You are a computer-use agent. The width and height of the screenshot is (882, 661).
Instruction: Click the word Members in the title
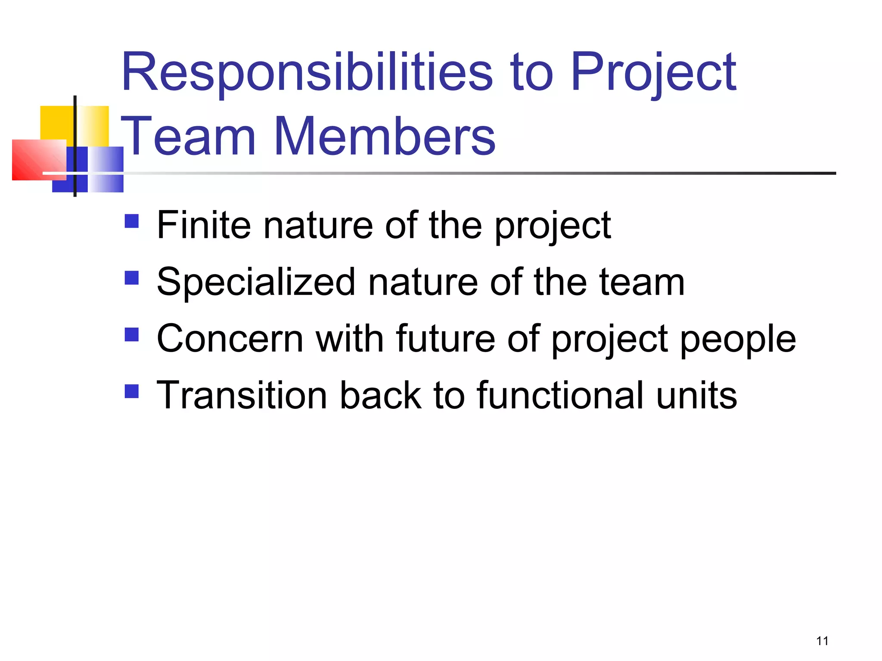pyautogui.click(x=384, y=136)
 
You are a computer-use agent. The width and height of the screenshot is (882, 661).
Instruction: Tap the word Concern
pyautogui.click(x=230, y=339)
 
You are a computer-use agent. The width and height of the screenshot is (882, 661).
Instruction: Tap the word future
pyautogui.click(x=445, y=339)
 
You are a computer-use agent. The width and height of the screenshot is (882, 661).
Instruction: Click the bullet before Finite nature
pyautogui.click(x=131, y=221)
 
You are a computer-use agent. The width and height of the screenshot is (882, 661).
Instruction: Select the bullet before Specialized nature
pyautogui.click(x=131, y=278)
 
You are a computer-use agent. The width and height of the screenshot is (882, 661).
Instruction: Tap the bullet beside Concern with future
pyautogui.click(x=131, y=335)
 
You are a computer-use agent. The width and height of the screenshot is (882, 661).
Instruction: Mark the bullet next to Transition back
pyautogui.click(x=131, y=391)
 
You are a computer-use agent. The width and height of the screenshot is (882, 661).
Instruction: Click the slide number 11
pyautogui.click(x=822, y=641)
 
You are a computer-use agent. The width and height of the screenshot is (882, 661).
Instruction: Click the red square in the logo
pyautogui.click(x=34, y=160)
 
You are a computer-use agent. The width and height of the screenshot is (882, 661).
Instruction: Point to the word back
pyautogui.click(x=380, y=395)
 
